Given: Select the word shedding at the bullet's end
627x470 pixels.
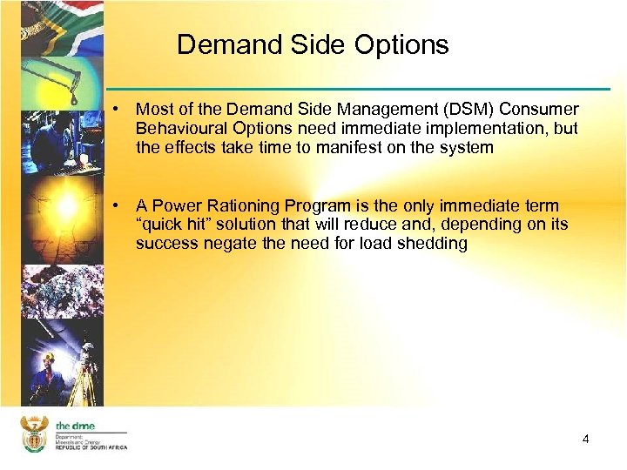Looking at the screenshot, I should (x=435, y=244).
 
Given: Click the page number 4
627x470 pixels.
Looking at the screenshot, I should (x=586, y=439).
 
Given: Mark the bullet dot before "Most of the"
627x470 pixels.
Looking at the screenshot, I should (x=115, y=110).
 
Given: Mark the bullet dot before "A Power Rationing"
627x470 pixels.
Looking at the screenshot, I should (x=115, y=205).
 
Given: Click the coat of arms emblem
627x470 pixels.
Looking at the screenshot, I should (x=33, y=434).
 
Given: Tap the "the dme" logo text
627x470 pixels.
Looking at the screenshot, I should (x=75, y=426).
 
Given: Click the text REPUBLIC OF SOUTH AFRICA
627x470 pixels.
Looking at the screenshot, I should (x=91, y=446).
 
